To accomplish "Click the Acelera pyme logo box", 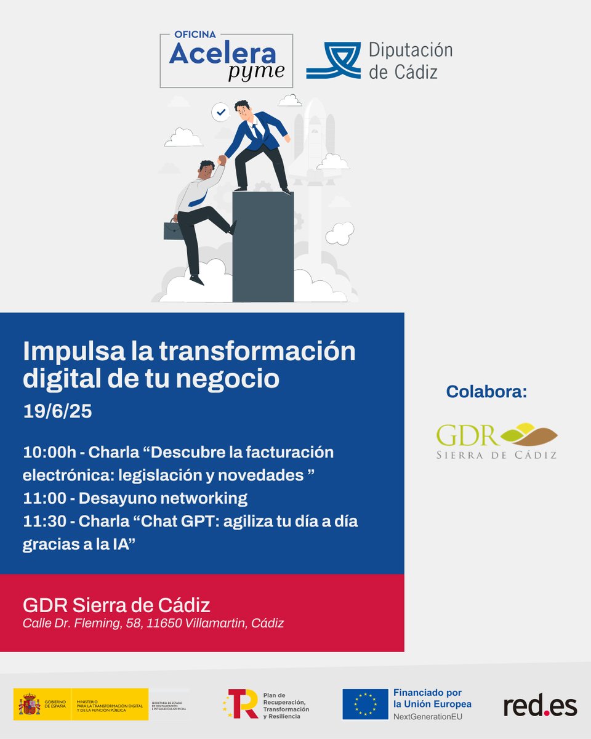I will tap(226, 60).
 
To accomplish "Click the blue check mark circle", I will tap(220, 112).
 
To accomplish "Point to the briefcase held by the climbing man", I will tap(173, 230).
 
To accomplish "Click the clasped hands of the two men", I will tap(222, 160).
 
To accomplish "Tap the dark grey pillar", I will tap(263, 246).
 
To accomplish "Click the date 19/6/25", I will tap(57, 411).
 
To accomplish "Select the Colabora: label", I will tap(486, 392).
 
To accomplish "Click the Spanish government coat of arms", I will tap(30, 704).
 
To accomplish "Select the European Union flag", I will tap(364, 704).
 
